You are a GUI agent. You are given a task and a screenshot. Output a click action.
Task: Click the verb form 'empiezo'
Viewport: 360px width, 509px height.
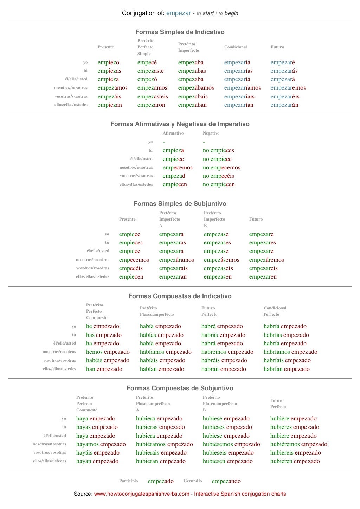108,63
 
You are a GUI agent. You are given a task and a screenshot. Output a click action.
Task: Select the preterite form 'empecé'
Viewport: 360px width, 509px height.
147,63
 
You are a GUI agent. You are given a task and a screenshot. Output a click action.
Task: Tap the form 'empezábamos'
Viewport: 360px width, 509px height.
196,88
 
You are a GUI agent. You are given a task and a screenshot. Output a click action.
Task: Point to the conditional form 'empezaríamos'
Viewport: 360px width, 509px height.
242,88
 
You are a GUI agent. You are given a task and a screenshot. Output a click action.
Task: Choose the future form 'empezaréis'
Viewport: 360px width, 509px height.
285,97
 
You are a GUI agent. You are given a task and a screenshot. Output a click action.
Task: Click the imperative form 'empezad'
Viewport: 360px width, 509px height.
174,176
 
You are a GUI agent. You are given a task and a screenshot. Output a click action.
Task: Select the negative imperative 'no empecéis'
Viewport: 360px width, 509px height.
218,176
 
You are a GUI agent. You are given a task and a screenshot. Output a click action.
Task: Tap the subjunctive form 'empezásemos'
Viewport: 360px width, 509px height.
221,260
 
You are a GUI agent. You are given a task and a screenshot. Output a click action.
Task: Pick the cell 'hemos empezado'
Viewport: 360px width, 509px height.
108,352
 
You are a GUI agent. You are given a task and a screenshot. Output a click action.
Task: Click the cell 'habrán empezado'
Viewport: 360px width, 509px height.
224,369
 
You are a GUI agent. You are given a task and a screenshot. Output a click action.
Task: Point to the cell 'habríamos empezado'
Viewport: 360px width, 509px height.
290,352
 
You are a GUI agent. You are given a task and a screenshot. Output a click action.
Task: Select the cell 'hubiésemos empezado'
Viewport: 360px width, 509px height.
231,444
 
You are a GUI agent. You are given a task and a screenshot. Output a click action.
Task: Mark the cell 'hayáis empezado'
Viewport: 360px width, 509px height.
98,453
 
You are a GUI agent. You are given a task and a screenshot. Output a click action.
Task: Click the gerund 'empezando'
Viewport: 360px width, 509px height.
226,481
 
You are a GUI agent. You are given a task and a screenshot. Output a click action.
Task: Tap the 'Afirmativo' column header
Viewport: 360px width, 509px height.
173,133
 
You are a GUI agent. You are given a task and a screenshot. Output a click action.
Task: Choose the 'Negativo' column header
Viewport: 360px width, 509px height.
211,133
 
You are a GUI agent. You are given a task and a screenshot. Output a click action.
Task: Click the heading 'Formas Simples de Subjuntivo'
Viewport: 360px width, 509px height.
180,204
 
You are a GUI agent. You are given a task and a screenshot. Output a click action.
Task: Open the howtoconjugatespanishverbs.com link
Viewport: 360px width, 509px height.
142,494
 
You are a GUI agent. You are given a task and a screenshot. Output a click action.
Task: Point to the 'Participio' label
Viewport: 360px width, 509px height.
128,481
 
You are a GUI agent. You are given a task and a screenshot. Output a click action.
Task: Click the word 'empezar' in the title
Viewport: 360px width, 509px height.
179,13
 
